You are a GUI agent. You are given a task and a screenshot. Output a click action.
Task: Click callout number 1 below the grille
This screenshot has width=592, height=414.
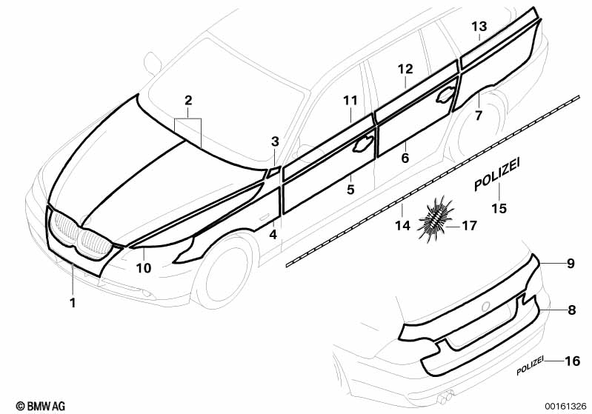72,302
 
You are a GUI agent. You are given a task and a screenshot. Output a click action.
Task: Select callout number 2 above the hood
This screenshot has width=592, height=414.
188,100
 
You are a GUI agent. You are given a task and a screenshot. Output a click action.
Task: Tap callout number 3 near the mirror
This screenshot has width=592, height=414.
275,141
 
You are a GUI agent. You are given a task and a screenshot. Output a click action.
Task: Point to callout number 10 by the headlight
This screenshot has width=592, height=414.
144,268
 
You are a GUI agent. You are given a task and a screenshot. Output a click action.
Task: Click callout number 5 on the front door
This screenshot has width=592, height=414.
350,190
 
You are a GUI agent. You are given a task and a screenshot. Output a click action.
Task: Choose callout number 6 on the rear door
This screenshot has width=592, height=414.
405,157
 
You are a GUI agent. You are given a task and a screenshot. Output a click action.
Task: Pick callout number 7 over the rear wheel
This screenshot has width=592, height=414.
478,116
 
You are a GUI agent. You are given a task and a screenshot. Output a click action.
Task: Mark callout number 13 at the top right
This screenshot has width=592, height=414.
479,26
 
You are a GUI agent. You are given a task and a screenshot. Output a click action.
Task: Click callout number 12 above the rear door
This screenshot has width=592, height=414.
405,69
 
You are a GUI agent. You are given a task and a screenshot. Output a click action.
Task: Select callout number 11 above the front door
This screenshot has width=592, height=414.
350,100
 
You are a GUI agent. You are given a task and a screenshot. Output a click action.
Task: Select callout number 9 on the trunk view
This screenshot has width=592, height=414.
571,263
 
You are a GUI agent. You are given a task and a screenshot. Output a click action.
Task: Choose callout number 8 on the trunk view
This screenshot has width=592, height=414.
571,311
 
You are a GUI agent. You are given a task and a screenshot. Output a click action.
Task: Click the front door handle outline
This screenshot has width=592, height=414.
364,144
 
